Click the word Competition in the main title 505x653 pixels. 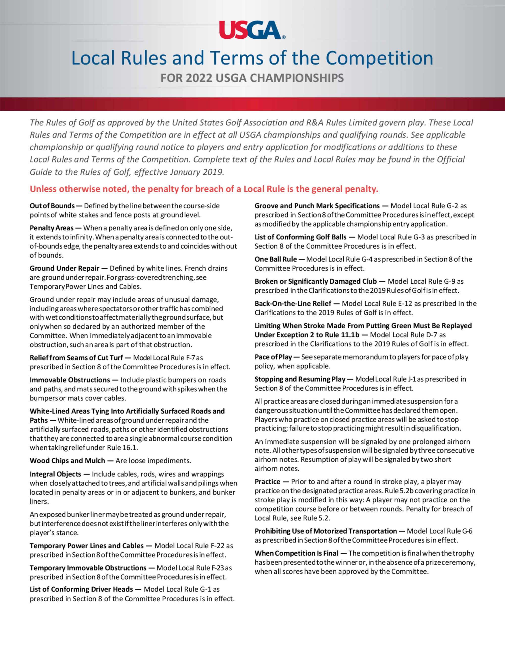click(x=379, y=58)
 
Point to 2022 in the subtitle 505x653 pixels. click(x=199, y=78)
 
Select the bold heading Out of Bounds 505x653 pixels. click(x=52, y=206)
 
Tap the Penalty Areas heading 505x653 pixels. click(x=52, y=228)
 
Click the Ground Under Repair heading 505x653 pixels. click(x=64, y=268)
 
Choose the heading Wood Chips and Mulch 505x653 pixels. click(x=67, y=460)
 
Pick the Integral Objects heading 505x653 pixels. click(x=55, y=474)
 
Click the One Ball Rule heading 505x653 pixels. click(x=275, y=259)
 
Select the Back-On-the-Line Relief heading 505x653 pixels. click(x=293, y=304)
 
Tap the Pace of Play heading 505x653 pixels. click(x=273, y=357)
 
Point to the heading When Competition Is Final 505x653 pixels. click(x=296, y=553)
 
